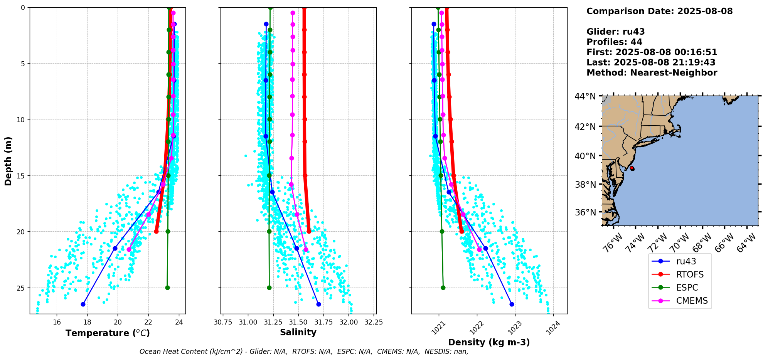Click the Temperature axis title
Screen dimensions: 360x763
click(108, 333)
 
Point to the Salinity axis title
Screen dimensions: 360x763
click(298, 332)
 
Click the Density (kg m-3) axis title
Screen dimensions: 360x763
click(489, 342)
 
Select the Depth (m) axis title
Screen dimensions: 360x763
click(8, 161)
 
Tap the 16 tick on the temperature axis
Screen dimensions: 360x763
click(57, 322)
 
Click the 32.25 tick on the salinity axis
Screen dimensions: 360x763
click(374, 322)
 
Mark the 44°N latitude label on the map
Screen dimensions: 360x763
click(585, 96)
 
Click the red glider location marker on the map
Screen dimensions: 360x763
click(632, 168)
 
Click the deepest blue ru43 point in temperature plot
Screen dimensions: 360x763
click(83, 304)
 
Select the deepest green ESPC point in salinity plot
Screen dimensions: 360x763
click(269, 288)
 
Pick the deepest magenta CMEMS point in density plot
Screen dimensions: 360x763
click(479, 249)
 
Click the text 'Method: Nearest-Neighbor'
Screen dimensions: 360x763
click(652, 73)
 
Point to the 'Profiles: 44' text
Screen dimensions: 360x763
click(614, 42)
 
